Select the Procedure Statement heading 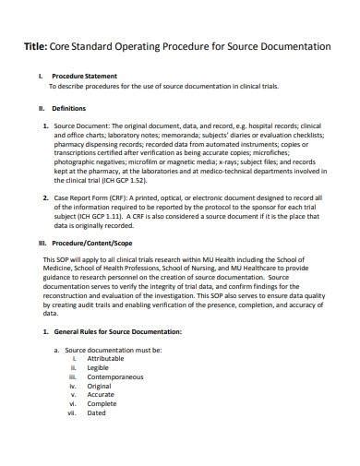86,76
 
